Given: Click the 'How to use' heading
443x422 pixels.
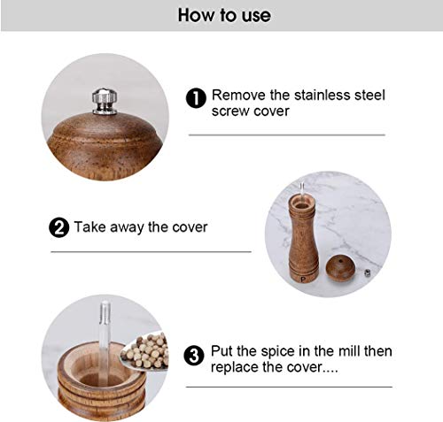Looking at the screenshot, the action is [x=224, y=15].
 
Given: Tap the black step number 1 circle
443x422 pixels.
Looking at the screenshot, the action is [x=196, y=98].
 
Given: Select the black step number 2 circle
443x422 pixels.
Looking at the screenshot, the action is [x=58, y=227].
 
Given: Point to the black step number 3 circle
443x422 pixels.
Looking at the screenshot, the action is [x=194, y=356].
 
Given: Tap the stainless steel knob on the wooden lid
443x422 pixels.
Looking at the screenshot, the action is [x=105, y=101].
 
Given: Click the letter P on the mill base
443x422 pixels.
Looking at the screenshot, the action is [x=303, y=279].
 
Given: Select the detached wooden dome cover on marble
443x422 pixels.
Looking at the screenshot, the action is [x=340, y=268].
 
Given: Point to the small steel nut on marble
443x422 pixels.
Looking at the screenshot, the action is [x=368, y=273].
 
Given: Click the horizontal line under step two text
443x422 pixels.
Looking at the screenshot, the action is [x=151, y=252].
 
